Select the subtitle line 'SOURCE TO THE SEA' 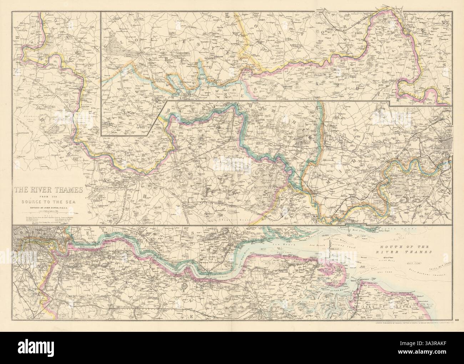pos(49,201)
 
